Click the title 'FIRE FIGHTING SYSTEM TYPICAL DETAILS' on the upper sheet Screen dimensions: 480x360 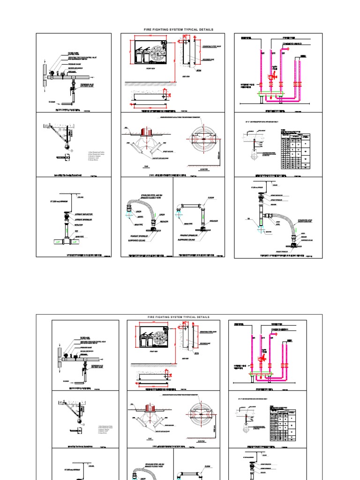pyautogui.click(x=178, y=30)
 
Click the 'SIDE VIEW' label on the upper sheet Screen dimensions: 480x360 pyautogui.click(x=186, y=76)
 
